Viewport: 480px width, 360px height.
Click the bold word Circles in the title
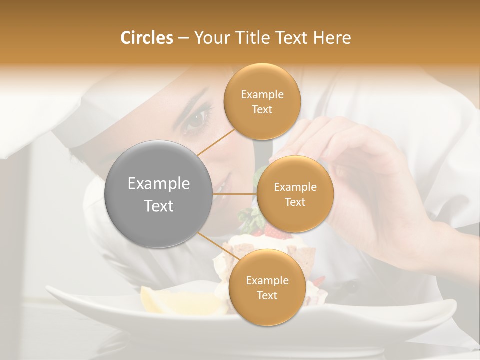click(x=146, y=38)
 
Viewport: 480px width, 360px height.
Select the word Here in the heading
click(x=332, y=38)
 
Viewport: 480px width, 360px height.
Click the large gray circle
click(x=158, y=194)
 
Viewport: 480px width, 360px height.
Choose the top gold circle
click(x=262, y=101)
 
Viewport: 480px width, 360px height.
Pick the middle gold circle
click(x=295, y=194)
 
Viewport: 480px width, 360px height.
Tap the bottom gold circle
click(x=267, y=287)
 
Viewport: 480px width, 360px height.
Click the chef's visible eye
click(x=196, y=119)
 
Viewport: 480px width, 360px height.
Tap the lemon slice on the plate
click(x=165, y=301)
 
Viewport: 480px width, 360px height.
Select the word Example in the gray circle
click(x=158, y=184)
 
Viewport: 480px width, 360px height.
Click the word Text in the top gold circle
click(x=262, y=109)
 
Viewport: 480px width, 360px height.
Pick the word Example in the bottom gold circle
click(x=267, y=280)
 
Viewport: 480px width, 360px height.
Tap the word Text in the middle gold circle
click(x=295, y=202)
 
